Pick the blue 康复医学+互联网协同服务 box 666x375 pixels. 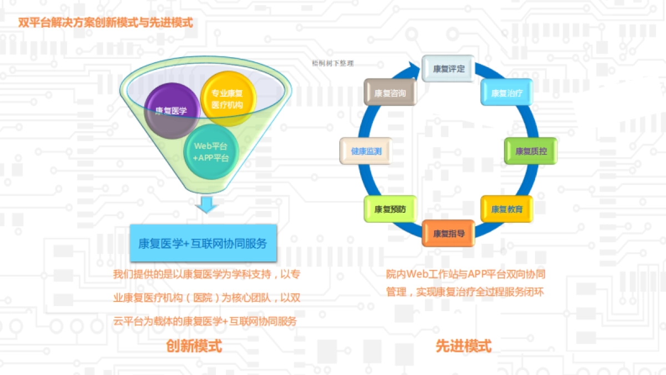click(x=203, y=243)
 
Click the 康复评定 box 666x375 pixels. click(x=448, y=69)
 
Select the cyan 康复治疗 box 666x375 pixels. click(x=507, y=93)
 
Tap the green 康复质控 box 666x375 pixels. click(x=531, y=151)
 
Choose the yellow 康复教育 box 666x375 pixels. click(x=507, y=209)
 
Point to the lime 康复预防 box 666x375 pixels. click(x=390, y=209)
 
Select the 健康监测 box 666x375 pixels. click(x=365, y=151)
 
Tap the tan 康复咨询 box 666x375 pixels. click(x=390, y=93)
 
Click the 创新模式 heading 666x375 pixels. click(x=194, y=346)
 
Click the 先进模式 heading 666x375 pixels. click(x=463, y=346)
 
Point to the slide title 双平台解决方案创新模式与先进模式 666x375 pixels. click(x=105, y=23)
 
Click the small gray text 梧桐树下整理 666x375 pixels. click(x=333, y=63)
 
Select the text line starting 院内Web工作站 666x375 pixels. click(x=466, y=274)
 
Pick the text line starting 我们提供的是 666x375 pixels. click(x=206, y=274)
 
